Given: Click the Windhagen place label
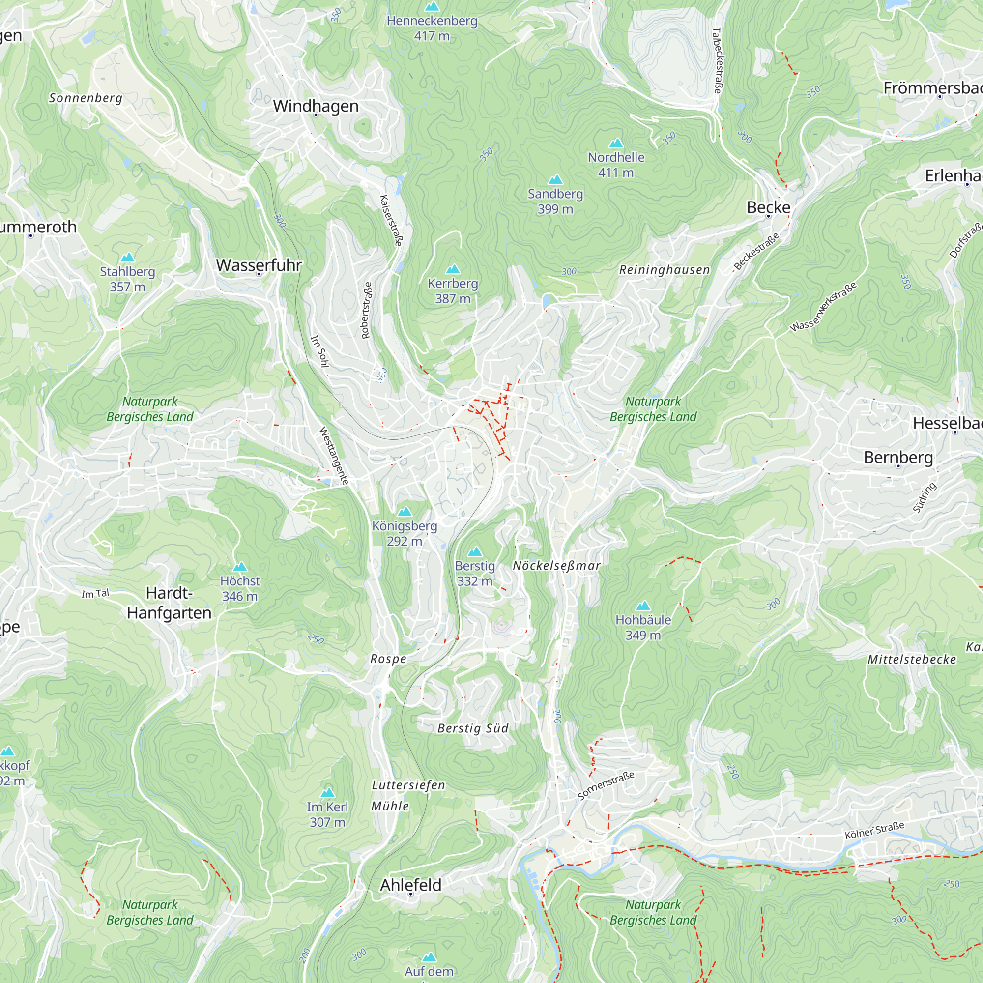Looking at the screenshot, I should [316, 106].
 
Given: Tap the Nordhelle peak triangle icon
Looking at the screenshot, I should [616, 143].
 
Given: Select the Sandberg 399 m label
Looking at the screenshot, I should [555, 201].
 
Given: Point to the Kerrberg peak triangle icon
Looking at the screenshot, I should [452, 269].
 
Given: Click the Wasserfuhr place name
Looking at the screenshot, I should [259, 265].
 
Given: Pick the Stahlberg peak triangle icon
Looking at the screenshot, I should [127, 258].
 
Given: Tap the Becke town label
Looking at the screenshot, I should [768, 207].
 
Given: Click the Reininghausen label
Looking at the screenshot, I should [664, 270].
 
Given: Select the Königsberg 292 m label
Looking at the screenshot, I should [405, 533].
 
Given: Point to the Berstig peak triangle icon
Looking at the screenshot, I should [475, 551].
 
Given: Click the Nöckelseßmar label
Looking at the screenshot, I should [557, 566].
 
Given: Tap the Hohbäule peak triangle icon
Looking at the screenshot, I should [643, 606].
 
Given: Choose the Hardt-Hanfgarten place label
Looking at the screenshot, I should [169, 603].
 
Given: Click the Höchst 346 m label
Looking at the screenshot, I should [240, 588].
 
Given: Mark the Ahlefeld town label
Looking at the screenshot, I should [410, 885].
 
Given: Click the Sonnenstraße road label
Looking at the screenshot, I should [606, 786].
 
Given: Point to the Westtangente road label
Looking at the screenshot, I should [333, 456].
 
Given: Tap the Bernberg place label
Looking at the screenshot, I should [898, 457].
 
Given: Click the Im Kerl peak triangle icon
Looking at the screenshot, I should [328, 793].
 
